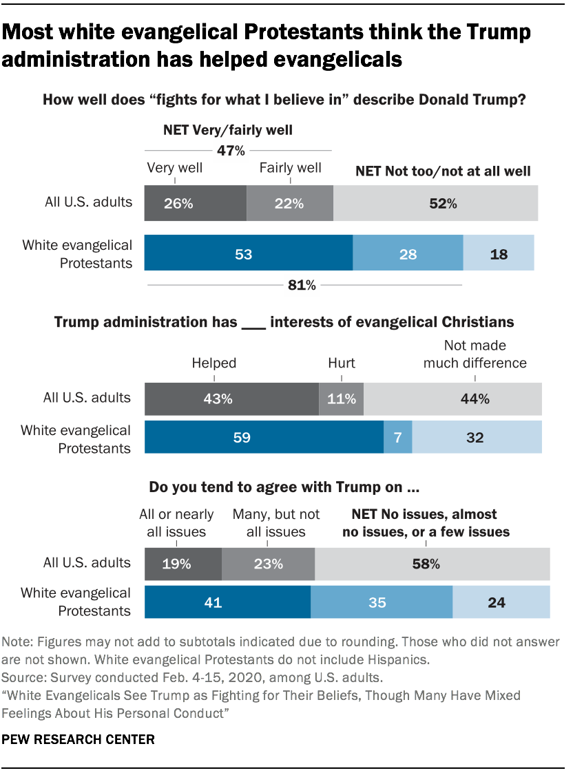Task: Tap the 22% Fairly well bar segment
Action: pyautogui.click(x=289, y=204)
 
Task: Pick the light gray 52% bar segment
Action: pyautogui.click(x=435, y=204)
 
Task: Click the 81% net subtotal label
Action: pyautogui.click(x=302, y=285)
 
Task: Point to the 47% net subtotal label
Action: pyautogui.click(x=231, y=150)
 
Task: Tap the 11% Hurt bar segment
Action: pyautogui.click(x=341, y=399)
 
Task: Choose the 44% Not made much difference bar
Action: pyautogui.click(x=452, y=399)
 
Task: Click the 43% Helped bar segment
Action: pyautogui.click(x=231, y=399)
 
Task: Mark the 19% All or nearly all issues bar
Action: pyautogui.click(x=183, y=564)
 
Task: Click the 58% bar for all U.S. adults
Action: pyautogui.click(x=432, y=564)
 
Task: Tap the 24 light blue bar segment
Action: pyautogui.click(x=501, y=602)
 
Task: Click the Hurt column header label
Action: pyautogui.click(x=341, y=363)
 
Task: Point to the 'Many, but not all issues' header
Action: pyautogui.click(x=276, y=522)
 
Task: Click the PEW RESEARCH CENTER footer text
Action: pyautogui.click(x=79, y=740)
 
